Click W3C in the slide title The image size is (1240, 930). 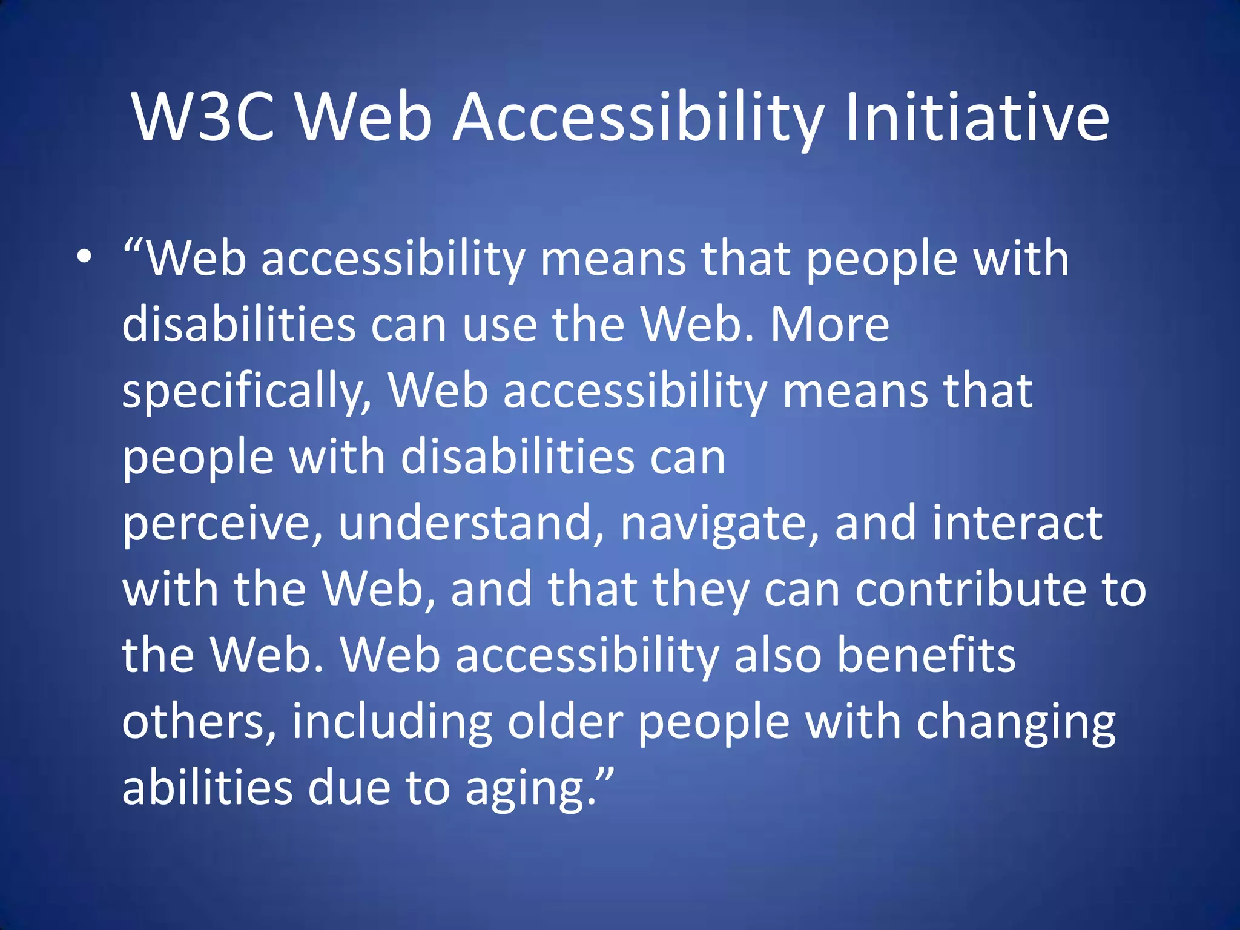click(203, 117)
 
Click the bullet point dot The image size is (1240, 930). click(85, 258)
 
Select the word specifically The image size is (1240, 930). click(245, 392)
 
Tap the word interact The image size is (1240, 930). click(1017, 524)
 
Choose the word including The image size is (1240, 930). click(392, 723)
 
